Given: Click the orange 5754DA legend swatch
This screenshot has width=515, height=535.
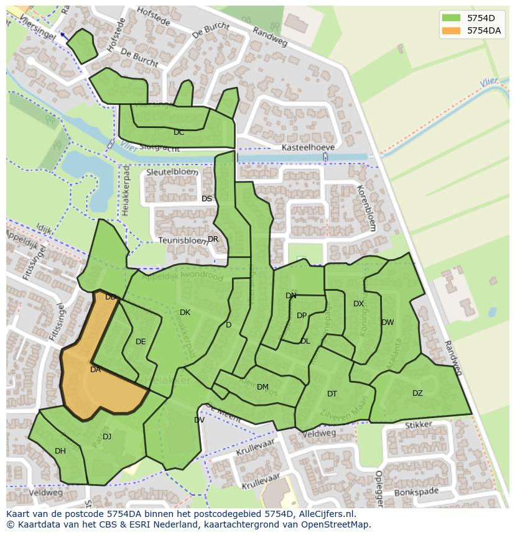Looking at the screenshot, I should pos(452,30).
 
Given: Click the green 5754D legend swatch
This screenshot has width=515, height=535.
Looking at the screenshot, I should pos(452,17).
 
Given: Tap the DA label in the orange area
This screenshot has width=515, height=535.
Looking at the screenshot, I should pos(95,370).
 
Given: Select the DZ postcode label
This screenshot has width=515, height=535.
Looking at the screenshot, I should pos(417,393).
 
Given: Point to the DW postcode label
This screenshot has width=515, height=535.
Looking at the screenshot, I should pos(387,322).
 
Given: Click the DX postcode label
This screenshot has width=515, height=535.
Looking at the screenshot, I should pos(358,304).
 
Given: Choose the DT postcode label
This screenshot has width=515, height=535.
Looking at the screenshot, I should pos(332,394).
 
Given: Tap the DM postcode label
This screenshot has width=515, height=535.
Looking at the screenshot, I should pos(262,387).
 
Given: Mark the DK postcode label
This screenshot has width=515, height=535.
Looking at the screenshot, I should pos(185,313).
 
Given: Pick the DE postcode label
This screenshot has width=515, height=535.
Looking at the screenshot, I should pos(141,342).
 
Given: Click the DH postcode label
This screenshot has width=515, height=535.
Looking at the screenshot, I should pos(60,451).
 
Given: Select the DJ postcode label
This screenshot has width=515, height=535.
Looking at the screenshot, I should pos(107,437).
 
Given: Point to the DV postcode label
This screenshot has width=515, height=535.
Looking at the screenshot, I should pos(199,420).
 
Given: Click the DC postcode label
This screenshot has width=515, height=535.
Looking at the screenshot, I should pos(179,132).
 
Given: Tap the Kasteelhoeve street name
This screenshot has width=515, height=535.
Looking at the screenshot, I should pos(308,147).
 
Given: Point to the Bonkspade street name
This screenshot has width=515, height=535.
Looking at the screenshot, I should pos(417,493).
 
